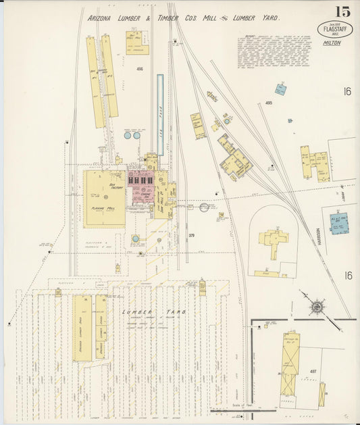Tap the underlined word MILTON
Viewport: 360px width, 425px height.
(332, 43)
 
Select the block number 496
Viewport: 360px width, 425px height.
(139, 69)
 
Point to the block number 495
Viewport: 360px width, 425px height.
(268, 103)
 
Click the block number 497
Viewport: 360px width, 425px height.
(313, 371)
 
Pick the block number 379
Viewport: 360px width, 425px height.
(191, 235)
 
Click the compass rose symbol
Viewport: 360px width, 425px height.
(315, 307)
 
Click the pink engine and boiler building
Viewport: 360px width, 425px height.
(142, 187)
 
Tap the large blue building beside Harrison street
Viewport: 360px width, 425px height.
(339, 223)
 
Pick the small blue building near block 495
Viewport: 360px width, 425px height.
(279, 89)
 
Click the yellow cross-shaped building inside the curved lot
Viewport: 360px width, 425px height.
(274, 242)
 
